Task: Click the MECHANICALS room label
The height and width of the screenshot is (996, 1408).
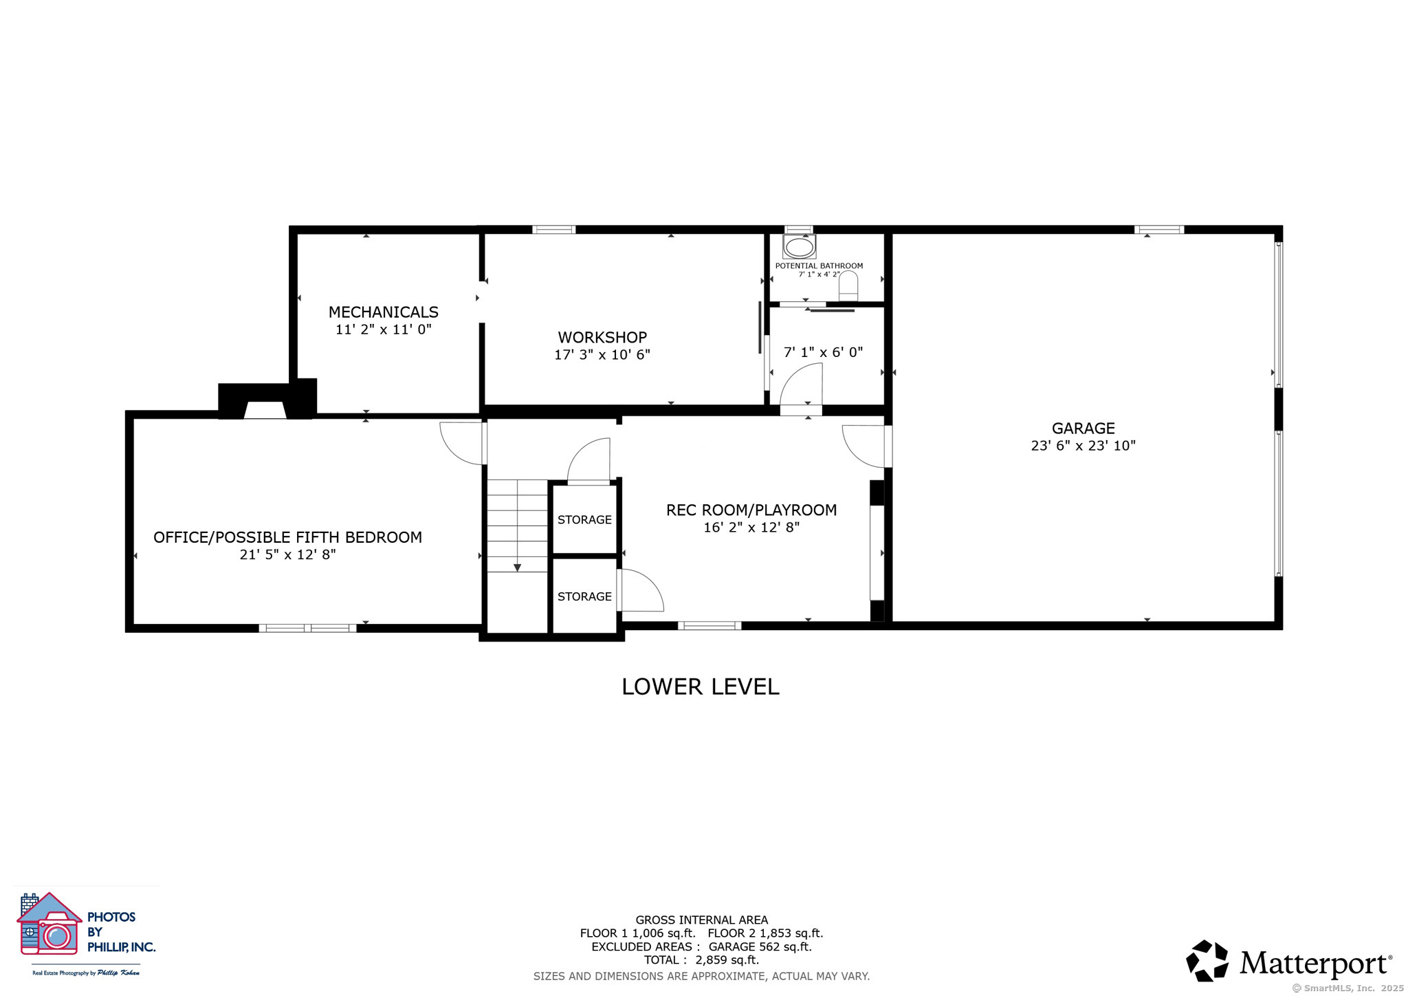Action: pyautogui.click(x=384, y=312)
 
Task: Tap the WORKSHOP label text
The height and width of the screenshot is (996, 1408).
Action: pyautogui.click(x=602, y=338)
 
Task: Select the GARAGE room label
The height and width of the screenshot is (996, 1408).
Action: pyautogui.click(x=1083, y=429)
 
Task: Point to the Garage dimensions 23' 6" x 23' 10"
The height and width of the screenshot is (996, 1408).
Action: pyautogui.click(x=1083, y=446)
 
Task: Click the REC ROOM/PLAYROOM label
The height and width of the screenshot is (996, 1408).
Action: pyautogui.click(x=751, y=510)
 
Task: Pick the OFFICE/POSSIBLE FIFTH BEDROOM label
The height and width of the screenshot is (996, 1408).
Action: pyautogui.click(x=288, y=538)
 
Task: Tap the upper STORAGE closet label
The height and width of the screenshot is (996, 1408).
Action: pyautogui.click(x=584, y=520)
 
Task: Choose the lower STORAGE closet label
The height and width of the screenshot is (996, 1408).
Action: pyautogui.click(x=584, y=597)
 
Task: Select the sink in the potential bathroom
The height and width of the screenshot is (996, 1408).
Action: pyautogui.click(x=799, y=246)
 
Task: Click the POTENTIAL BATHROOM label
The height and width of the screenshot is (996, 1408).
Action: pyautogui.click(x=819, y=266)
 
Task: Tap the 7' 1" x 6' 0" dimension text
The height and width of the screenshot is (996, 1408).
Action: pyautogui.click(x=823, y=352)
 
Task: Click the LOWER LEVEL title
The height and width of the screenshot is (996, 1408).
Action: pyautogui.click(x=701, y=686)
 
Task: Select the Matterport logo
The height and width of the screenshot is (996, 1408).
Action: pyautogui.click(x=1290, y=961)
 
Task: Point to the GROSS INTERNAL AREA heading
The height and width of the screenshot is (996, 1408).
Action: pyautogui.click(x=701, y=920)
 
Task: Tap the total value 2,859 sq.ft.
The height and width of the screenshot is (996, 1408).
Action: pyautogui.click(x=727, y=960)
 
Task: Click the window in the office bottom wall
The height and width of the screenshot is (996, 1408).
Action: pyautogui.click(x=307, y=628)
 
